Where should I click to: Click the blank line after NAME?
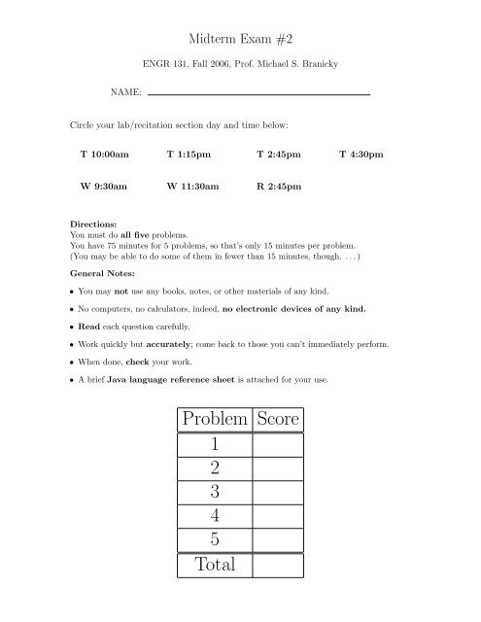[x=259, y=93]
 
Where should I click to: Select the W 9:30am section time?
[x=104, y=186]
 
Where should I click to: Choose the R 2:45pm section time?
[x=278, y=186]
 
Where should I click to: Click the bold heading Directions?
[x=88, y=224]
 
